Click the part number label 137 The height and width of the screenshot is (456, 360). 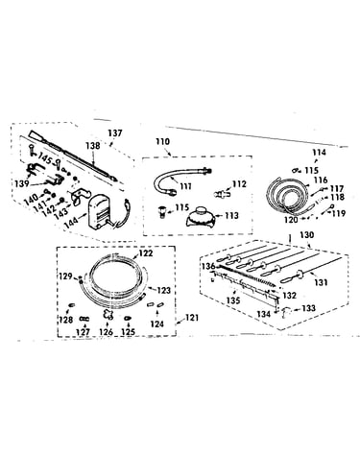115,132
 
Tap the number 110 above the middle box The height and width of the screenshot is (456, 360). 162,141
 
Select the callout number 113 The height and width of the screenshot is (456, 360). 231,216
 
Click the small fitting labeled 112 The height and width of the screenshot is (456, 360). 222,194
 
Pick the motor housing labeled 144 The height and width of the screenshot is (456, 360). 100,212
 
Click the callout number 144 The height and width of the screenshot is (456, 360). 71,222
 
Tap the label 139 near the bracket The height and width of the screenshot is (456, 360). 22,183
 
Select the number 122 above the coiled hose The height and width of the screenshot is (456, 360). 146,253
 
